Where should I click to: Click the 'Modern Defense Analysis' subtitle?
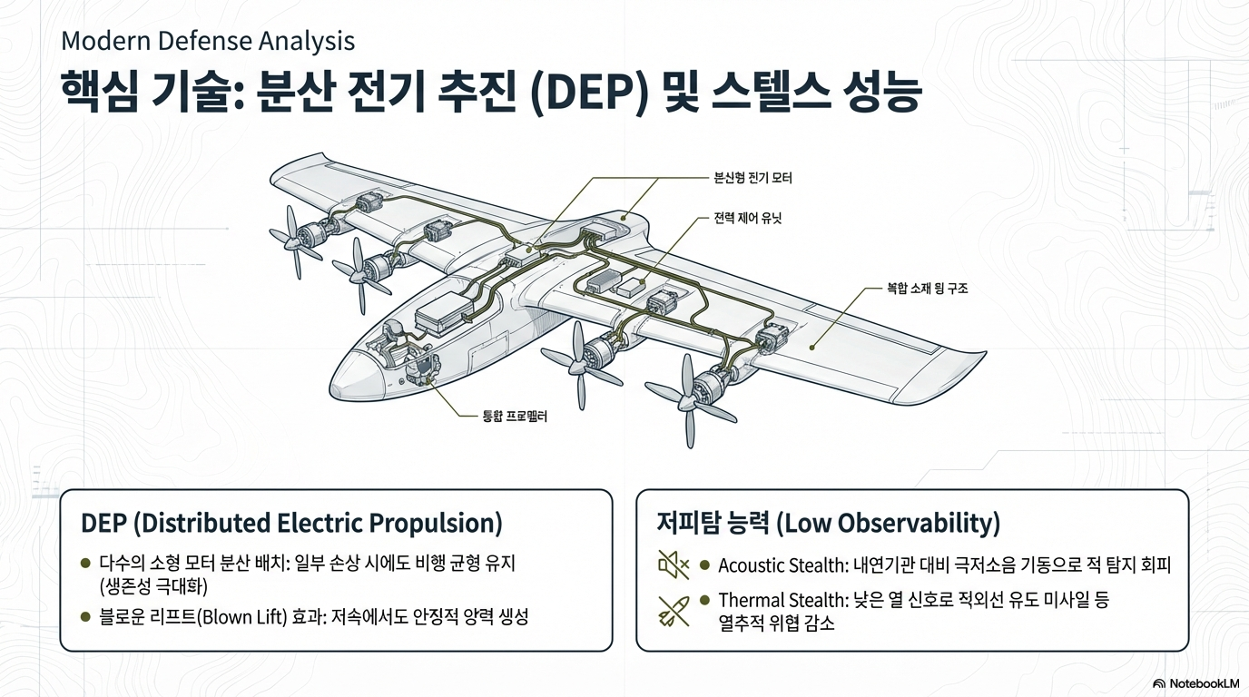click(208, 41)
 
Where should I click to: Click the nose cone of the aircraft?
click(349, 373)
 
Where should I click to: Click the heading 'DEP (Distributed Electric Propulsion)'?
click(291, 524)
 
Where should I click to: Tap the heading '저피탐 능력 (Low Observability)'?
click(828, 524)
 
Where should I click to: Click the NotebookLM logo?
click(1195, 682)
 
